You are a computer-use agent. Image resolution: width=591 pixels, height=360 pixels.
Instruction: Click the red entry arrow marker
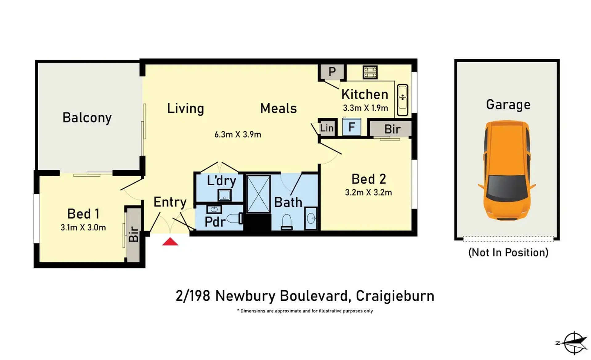[170, 242]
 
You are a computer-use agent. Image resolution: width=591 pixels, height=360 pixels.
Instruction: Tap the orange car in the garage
[507, 170]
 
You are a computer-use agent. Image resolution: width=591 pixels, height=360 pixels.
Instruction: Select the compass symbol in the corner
[573, 343]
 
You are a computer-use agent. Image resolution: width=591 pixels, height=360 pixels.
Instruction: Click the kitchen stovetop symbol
[370, 72]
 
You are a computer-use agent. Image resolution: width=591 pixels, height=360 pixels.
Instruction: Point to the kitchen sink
[403, 100]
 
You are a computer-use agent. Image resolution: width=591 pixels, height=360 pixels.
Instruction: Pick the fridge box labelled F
[352, 127]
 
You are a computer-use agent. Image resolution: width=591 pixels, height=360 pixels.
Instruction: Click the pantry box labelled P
[332, 72]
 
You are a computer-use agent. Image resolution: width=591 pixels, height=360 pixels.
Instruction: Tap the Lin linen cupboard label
[327, 128]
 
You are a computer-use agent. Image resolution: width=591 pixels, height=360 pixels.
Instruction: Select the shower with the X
[258, 194]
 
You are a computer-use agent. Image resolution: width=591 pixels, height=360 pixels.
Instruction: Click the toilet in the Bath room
[287, 222]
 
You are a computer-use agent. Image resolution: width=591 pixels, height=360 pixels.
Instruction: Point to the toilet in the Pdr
[235, 219]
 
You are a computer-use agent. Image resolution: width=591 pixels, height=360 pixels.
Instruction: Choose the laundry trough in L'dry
[225, 195]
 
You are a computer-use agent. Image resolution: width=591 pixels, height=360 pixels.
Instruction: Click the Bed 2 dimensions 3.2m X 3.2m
[368, 193]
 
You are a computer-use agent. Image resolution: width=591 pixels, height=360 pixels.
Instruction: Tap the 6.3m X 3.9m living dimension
[238, 134]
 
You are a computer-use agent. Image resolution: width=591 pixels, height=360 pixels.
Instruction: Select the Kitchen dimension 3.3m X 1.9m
[366, 108]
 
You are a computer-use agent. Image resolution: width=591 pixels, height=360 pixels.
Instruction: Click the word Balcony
[87, 118]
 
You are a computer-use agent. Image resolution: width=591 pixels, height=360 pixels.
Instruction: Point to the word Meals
[278, 108]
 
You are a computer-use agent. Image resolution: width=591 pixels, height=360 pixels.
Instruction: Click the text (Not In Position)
[508, 252]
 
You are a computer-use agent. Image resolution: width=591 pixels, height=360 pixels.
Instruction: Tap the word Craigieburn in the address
[395, 296]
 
